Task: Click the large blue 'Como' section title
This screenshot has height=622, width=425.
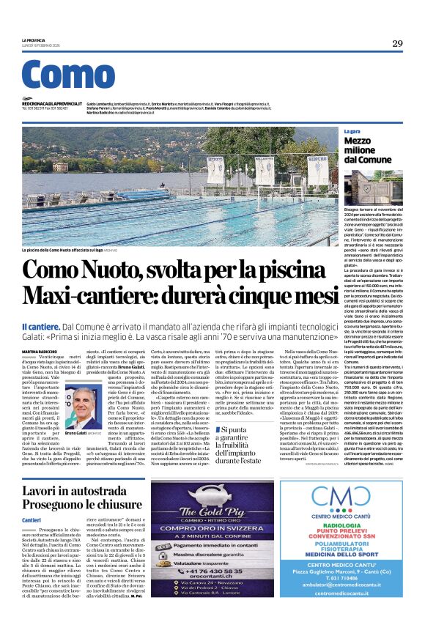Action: point(68,75)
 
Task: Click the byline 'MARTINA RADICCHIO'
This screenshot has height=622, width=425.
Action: point(40,352)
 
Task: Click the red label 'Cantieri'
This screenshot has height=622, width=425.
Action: point(32,519)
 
